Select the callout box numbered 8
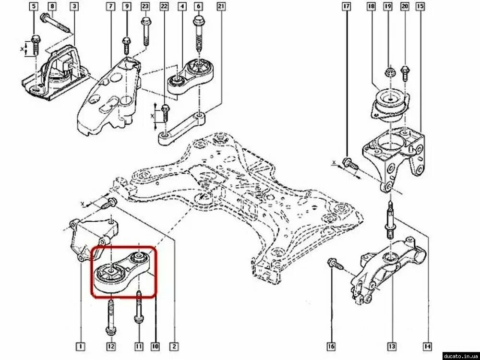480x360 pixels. [x=53, y=7]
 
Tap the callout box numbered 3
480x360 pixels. [x=74, y=7]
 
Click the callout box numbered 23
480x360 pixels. [x=145, y=7]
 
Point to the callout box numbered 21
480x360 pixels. [x=221, y=7]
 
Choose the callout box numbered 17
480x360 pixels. [x=347, y=7]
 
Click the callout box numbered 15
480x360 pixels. [x=420, y=7]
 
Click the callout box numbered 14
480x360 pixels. [x=426, y=345]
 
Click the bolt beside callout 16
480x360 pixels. [x=333, y=264]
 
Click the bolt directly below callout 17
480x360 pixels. [x=349, y=164]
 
